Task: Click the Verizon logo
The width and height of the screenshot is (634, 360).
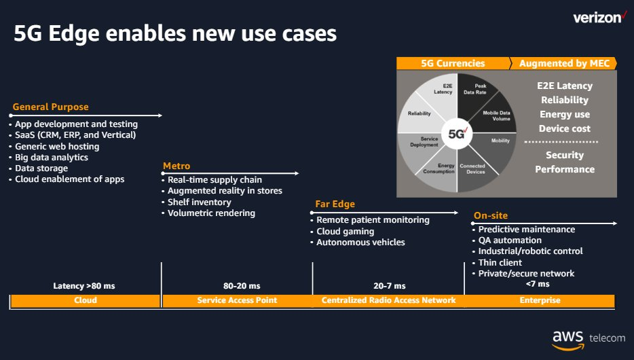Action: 599,18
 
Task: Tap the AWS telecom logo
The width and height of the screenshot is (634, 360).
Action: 589,340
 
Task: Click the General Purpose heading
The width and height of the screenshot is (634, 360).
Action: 50,107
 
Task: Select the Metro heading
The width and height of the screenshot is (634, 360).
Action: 176,166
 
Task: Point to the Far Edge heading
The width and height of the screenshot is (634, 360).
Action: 335,204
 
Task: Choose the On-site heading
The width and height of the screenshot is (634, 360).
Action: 491,215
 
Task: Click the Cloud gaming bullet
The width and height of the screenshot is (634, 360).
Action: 345,232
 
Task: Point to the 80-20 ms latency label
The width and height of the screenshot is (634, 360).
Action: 242,286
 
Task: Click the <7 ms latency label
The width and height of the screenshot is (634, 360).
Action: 538,284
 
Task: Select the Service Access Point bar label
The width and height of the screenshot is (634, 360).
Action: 237,300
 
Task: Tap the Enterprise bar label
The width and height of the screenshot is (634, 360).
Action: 540,300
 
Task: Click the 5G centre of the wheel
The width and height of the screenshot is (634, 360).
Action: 457,133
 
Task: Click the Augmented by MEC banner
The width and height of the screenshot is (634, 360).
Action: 563,63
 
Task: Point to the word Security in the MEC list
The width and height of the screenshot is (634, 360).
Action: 565,155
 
